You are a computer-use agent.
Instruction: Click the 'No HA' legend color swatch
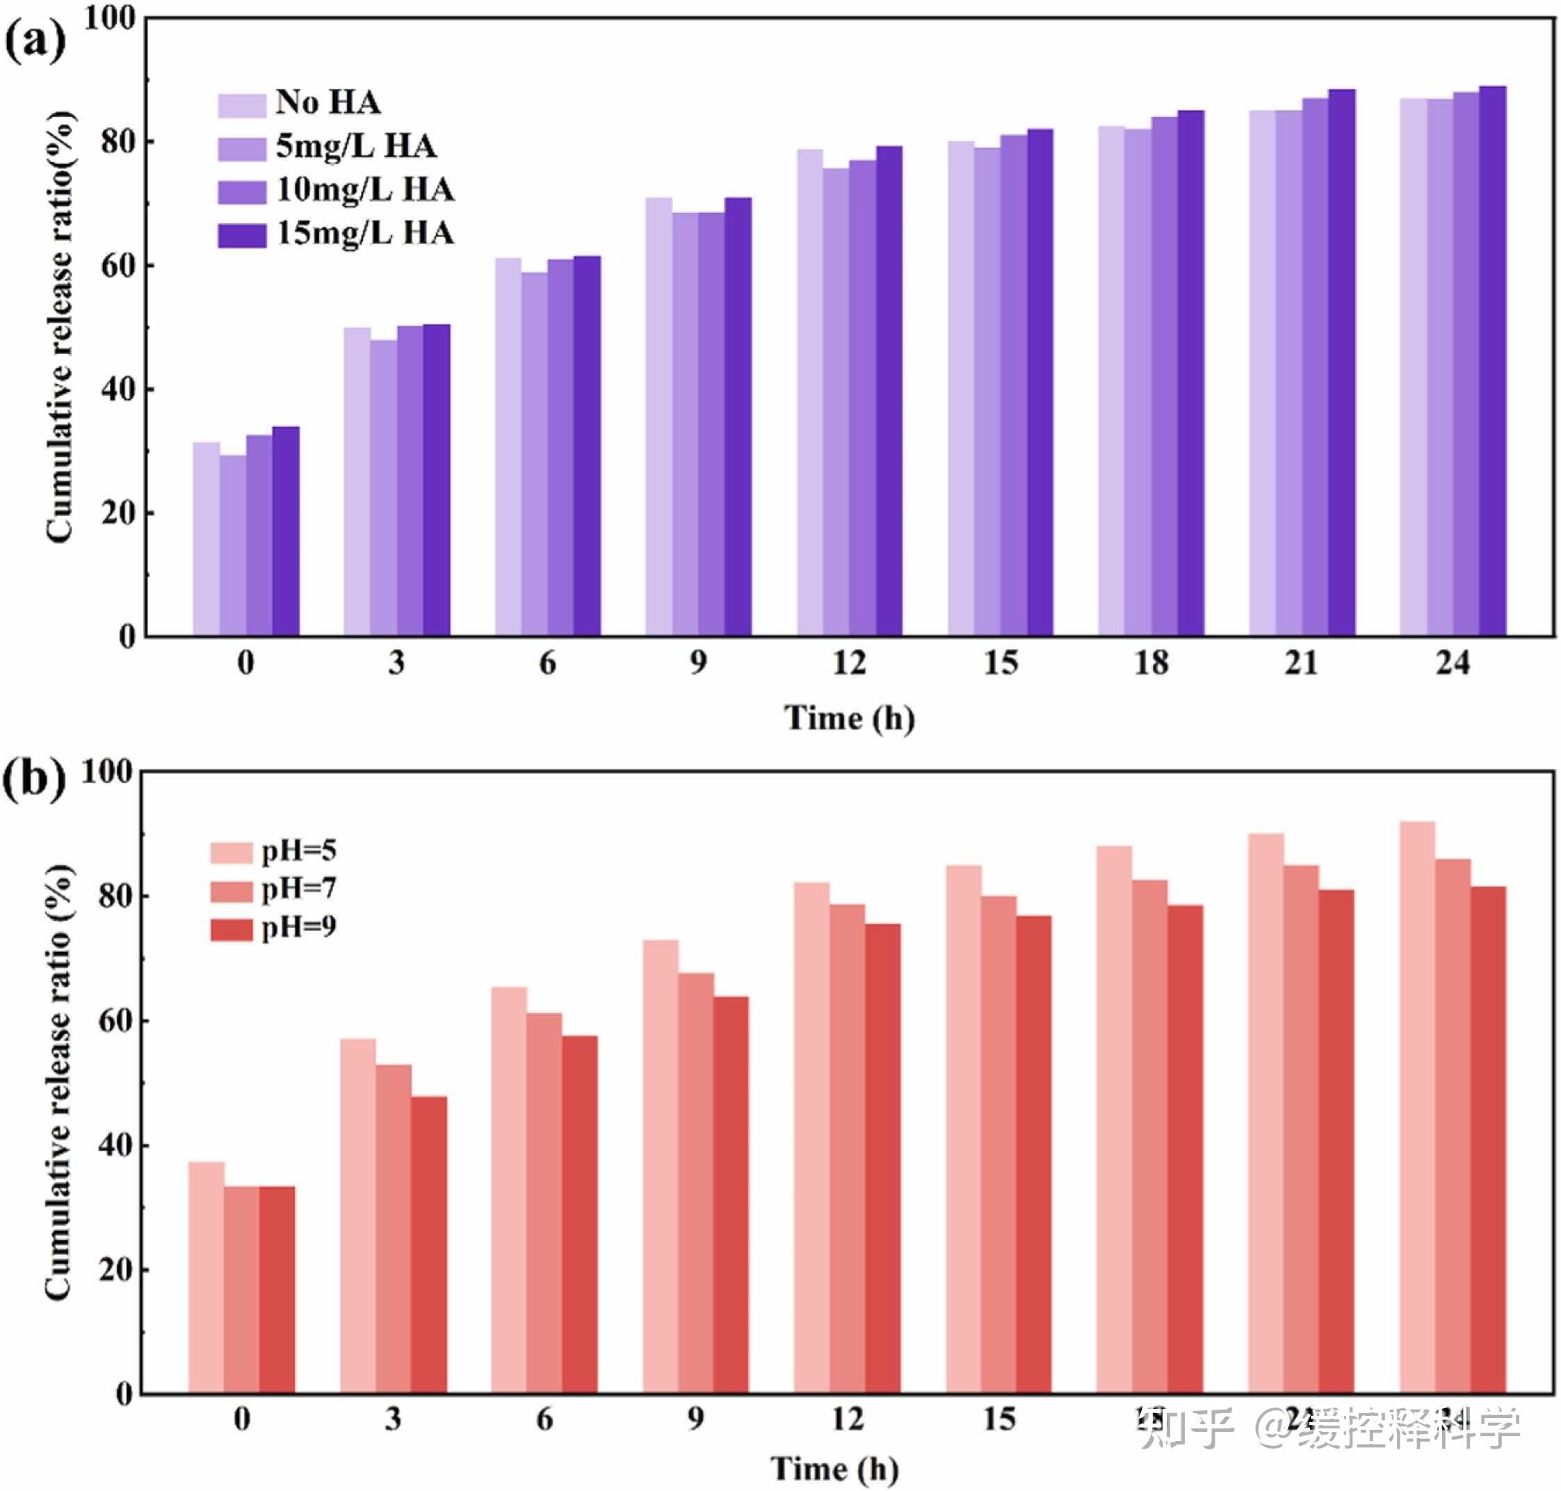pyautogui.click(x=241, y=106)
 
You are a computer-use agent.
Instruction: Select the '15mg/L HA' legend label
pyautogui.click(x=365, y=234)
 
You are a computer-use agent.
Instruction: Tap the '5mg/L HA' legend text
pyautogui.click(x=356, y=146)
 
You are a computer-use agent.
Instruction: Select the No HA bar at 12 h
pyautogui.click(x=810, y=393)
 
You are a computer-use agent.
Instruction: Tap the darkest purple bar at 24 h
pyautogui.click(x=1492, y=361)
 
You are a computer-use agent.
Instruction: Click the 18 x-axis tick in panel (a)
pyautogui.click(x=1151, y=663)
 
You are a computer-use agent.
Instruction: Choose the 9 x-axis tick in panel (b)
pyautogui.click(x=695, y=1419)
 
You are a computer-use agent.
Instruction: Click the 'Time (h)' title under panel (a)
pyautogui.click(x=849, y=718)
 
